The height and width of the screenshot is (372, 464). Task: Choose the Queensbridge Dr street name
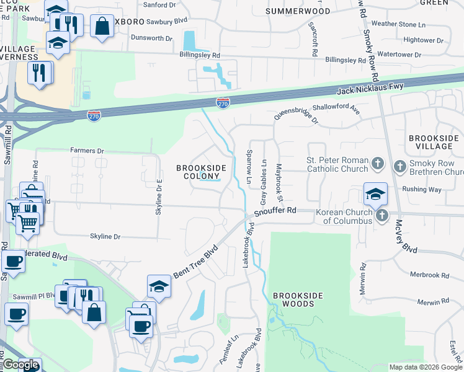coord(297,119)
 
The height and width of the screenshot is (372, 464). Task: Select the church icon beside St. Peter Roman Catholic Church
coord(378,164)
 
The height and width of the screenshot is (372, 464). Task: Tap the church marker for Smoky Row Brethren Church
coord(399,166)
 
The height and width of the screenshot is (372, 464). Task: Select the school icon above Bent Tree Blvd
coord(159,286)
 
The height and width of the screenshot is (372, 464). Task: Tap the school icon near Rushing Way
coord(375,193)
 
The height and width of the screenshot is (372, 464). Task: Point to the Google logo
coord(20,365)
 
